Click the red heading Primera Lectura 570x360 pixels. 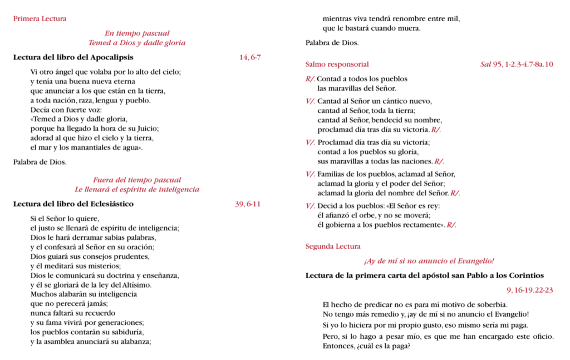coord(40,19)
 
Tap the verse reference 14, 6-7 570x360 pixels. coord(249,57)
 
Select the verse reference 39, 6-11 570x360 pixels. coord(248,204)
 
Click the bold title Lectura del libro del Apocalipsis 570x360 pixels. coord(73,57)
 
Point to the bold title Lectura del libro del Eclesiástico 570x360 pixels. coord(73,204)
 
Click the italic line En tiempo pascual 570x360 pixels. coord(137,33)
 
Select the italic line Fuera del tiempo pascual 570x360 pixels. coord(137,180)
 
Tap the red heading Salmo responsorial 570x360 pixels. coord(337,65)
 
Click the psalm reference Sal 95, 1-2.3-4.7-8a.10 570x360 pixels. coord(517,65)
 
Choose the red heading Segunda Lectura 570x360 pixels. coord(333,246)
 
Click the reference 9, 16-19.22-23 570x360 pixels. coord(529,290)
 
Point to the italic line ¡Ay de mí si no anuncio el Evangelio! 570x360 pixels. coord(429,261)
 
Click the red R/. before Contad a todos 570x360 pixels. coord(310,79)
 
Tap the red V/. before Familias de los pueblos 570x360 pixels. coord(310,174)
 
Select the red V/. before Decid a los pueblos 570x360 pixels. coord(310,206)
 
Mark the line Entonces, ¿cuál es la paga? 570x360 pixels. coord(366,347)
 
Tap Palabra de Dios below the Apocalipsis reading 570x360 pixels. coord(40,162)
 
